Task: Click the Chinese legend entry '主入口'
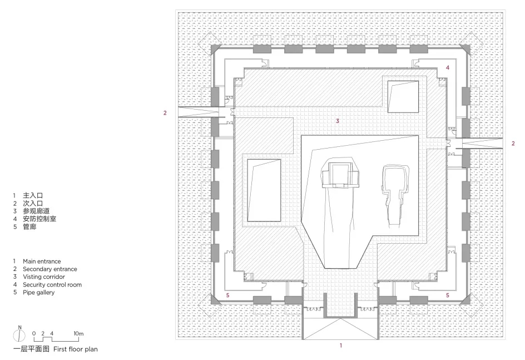click(33, 196)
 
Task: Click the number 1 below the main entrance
click(341, 346)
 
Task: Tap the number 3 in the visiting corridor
click(337, 120)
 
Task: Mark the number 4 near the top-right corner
click(448, 67)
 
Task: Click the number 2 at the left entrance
click(165, 113)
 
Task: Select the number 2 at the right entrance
click(513, 144)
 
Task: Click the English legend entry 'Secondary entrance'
click(49, 269)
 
